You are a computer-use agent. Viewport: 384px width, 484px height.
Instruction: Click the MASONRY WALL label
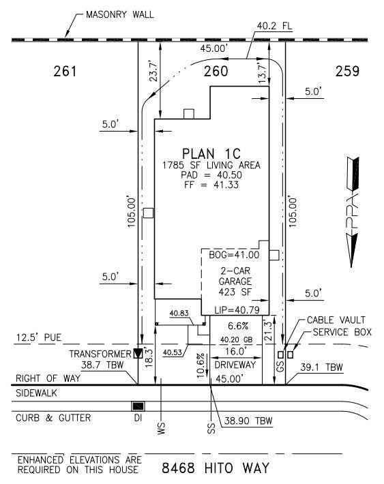(120, 14)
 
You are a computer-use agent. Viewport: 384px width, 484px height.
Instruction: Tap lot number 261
(65, 72)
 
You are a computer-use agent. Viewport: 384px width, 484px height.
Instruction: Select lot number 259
(348, 72)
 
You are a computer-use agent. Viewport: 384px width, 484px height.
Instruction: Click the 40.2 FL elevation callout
(275, 26)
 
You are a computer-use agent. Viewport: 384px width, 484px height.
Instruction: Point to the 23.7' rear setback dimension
(153, 70)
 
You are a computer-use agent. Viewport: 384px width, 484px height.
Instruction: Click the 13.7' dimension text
(262, 73)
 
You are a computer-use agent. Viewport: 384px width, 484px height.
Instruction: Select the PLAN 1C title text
(211, 153)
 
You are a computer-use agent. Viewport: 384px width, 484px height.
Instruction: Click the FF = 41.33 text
(211, 185)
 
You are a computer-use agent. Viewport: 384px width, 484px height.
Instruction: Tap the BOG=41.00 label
(234, 255)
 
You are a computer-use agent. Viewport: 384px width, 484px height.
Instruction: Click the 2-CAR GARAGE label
(235, 276)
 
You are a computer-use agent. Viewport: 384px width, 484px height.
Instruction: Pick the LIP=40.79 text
(237, 309)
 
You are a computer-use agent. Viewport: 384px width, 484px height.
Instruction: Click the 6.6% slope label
(239, 326)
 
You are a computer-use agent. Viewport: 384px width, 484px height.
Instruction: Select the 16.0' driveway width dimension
(235, 351)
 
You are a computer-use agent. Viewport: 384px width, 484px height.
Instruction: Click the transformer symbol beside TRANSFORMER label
(138, 353)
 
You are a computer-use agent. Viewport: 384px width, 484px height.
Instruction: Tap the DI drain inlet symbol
(138, 406)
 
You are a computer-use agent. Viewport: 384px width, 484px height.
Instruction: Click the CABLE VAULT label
(336, 320)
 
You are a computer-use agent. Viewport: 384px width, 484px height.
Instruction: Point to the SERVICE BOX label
(342, 332)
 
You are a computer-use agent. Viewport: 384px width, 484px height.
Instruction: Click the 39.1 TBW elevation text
(322, 367)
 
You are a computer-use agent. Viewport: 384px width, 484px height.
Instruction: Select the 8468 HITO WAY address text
(216, 468)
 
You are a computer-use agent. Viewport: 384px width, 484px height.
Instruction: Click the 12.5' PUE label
(39, 337)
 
